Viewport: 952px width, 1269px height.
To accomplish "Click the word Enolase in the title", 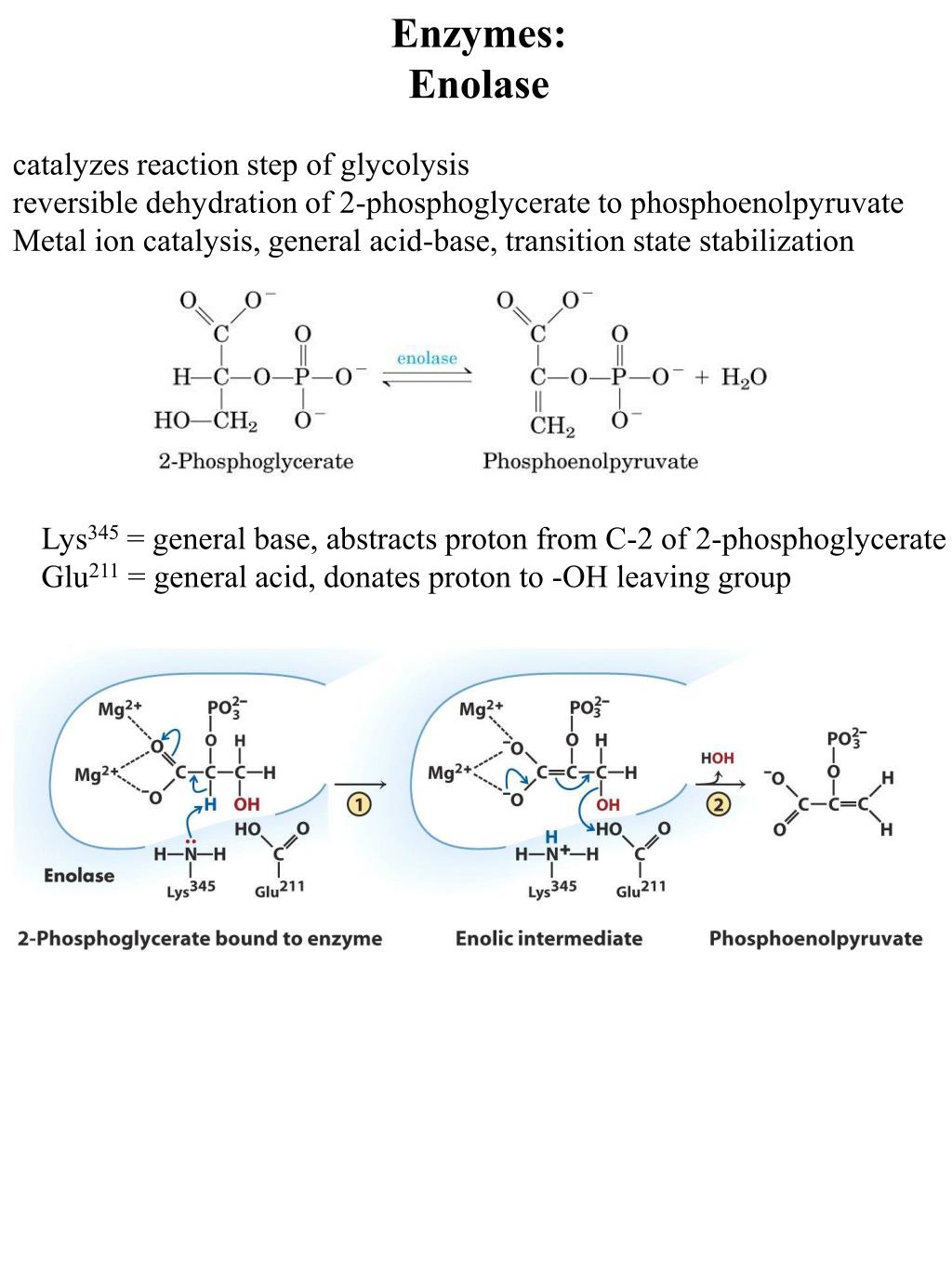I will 479,85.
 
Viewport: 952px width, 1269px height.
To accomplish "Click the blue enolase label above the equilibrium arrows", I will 427,358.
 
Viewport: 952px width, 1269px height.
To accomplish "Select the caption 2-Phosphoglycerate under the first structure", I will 256,461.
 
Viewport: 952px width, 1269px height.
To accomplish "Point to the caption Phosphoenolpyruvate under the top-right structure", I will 589,461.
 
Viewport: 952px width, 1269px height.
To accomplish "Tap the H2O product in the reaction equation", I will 744,377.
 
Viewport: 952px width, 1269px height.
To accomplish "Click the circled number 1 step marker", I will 359,804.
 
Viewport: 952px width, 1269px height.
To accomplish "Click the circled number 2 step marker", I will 718,804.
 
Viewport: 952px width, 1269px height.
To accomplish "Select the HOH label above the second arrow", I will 717,759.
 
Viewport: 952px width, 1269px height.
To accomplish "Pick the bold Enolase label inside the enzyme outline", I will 79,875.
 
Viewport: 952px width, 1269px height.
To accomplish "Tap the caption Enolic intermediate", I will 549,938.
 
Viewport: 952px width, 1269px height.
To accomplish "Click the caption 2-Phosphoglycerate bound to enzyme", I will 200,938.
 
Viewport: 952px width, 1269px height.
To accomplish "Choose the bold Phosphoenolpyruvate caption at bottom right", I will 815,938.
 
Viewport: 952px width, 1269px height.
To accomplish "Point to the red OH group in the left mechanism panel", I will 247,804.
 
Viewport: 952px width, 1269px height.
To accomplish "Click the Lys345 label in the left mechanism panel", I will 191,889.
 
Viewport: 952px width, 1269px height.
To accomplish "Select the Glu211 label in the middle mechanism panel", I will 641,889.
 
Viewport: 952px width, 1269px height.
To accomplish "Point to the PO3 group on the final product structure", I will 844,739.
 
